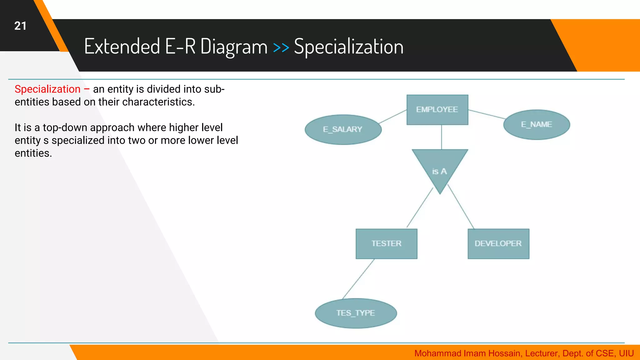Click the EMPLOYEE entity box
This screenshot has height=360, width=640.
(437, 110)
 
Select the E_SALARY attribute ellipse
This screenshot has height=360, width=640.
(343, 129)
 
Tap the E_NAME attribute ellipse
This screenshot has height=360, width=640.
(537, 124)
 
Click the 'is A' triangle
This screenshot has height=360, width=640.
(440, 169)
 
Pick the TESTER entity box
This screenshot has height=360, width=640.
(386, 243)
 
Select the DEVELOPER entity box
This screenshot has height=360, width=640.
(498, 243)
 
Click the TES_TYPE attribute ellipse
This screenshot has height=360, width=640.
(356, 313)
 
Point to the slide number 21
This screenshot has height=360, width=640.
(20, 26)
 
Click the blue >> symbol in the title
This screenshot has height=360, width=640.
(281, 47)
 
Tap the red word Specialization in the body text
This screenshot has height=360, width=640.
(47, 89)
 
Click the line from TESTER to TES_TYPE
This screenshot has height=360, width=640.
(358, 279)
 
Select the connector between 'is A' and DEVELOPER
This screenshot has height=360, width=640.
(461, 207)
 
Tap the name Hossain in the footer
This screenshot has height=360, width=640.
(505, 353)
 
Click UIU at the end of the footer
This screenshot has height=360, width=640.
(626, 353)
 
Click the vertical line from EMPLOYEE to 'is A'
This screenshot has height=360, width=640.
(441, 137)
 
